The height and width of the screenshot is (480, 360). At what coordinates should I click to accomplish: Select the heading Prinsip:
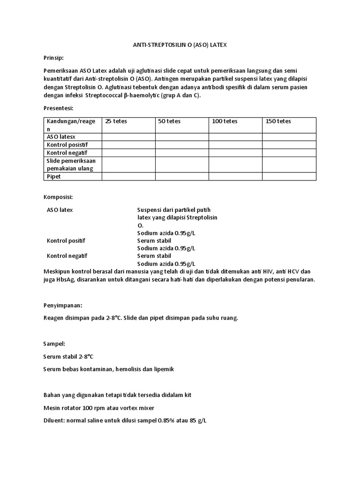coord(53,57)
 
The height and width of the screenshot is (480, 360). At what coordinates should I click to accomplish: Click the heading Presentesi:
coord(58,108)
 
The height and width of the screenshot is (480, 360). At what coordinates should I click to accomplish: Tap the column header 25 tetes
coord(116,121)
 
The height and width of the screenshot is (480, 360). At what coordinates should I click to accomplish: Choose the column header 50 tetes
coord(169,121)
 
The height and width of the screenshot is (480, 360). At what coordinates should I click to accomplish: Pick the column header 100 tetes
coord(225,121)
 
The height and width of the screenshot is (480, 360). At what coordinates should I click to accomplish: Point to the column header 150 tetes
coord(278,121)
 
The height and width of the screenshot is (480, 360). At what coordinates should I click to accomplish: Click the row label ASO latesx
coord(61,136)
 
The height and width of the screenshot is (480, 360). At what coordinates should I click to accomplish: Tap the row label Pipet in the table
coord(54,176)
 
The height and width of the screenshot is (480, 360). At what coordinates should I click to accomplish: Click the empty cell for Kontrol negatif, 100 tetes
coord(235,152)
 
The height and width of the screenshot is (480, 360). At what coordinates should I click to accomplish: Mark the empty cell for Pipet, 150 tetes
coord(289,176)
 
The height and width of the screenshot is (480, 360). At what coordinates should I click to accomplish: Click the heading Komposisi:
coord(58,197)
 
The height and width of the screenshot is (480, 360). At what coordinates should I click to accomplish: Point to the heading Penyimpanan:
coord(62,305)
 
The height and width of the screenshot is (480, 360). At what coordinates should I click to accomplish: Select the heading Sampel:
coord(54,344)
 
